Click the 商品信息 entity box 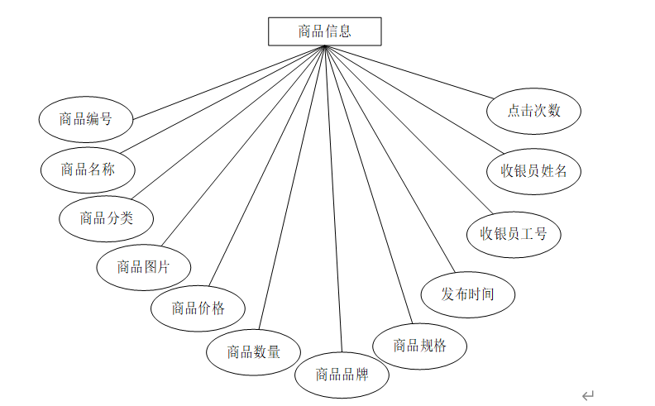pos(324,31)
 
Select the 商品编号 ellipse pos(86,119)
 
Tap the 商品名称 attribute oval pos(88,170)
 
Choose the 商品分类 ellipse pos(106,218)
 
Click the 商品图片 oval pos(143,267)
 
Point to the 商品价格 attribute pos(198,308)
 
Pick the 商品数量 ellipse pos(254,351)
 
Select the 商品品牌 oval pos(342,375)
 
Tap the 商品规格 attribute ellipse pos(419,346)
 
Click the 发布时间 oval pos(468,294)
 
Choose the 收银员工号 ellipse pos(514,233)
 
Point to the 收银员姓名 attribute pos(533,171)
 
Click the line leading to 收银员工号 pos(405,128)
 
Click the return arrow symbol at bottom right pos(588,396)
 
